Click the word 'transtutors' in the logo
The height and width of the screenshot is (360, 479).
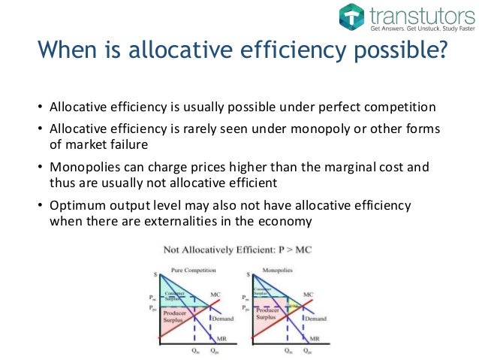[x=416, y=14]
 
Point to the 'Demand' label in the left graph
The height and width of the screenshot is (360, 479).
[x=221, y=318]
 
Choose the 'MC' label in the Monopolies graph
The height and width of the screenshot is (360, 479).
[x=308, y=294]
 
